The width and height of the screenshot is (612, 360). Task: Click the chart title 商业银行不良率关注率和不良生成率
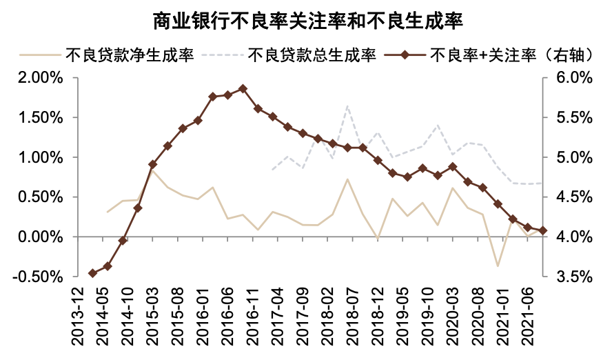[306, 21]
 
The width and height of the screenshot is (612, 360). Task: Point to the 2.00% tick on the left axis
[41, 78]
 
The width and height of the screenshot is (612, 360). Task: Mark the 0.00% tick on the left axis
[41, 237]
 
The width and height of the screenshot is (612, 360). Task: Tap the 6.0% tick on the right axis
[573, 78]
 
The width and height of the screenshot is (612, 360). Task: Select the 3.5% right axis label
[573, 277]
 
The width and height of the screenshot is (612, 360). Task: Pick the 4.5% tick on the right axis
[573, 197]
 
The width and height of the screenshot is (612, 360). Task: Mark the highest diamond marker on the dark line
[243, 89]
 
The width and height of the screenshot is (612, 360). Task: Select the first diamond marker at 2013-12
[92, 273]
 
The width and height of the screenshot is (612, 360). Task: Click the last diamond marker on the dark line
[542, 230]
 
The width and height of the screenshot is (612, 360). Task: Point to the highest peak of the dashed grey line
[347, 106]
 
